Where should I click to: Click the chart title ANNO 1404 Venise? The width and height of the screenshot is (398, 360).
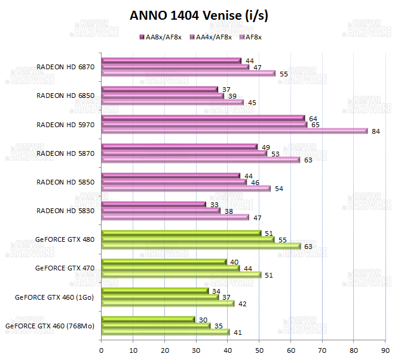click(x=199, y=16)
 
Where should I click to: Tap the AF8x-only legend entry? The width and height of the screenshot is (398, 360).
click(x=250, y=37)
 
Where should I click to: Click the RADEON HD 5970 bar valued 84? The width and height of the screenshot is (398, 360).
click(x=234, y=131)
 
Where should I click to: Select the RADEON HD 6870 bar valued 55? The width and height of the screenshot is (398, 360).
click(x=188, y=73)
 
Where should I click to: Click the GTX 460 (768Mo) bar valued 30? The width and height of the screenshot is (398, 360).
click(x=148, y=319)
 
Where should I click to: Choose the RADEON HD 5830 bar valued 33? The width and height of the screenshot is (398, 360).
click(x=154, y=205)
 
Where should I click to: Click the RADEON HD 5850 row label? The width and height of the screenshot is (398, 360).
click(x=66, y=182)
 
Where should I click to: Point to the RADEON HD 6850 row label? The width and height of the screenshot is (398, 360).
click(x=66, y=96)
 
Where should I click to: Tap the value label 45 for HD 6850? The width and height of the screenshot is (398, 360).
click(x=252, y=103)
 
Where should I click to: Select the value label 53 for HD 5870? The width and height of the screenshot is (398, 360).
click(x=275, y=153)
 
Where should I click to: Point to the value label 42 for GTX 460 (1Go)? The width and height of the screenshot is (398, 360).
click(x=242, y=303)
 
